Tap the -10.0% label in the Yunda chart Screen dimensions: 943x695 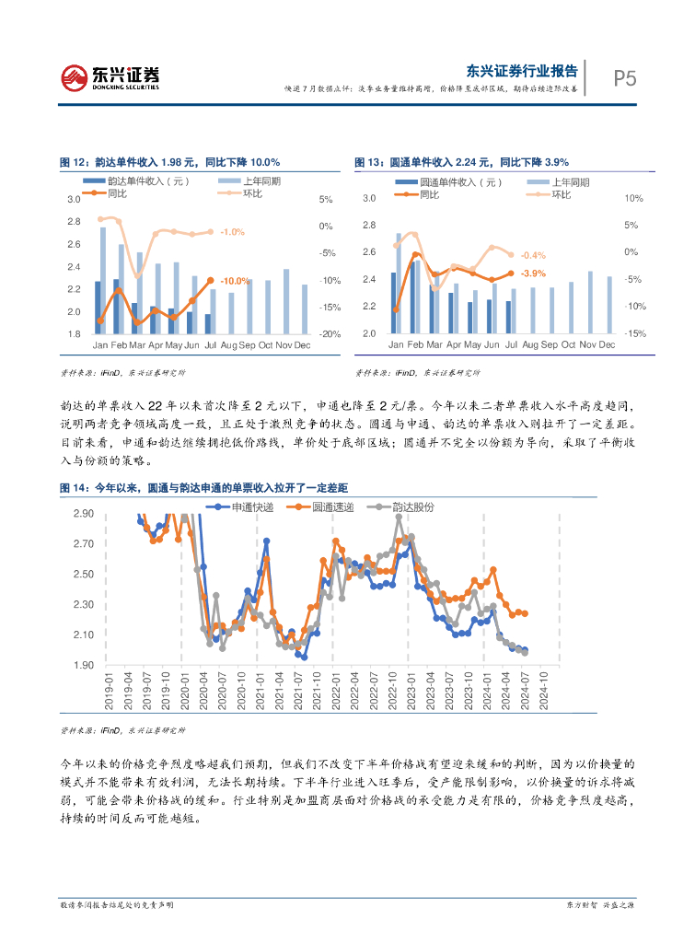[236, 281]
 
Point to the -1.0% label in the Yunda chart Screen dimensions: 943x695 [232, 232]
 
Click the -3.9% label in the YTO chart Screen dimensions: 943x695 [533, 274]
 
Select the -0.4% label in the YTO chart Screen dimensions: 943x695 [533, 255]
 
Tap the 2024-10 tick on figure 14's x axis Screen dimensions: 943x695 [545, 690]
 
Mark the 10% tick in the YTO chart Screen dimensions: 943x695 [632, 198]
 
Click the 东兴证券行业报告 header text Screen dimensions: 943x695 [522, 70]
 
